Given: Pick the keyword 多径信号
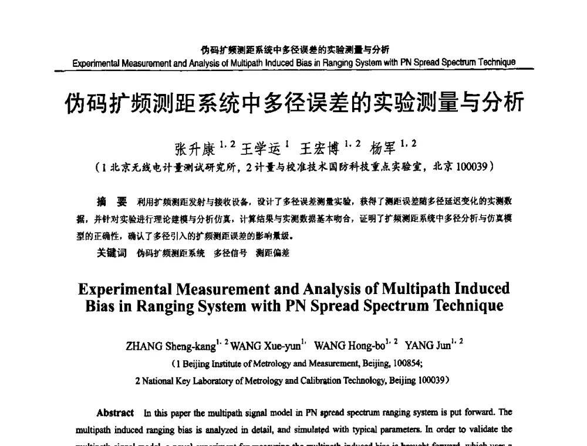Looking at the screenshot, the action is point(230,254).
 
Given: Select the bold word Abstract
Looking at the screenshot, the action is point(114,412).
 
